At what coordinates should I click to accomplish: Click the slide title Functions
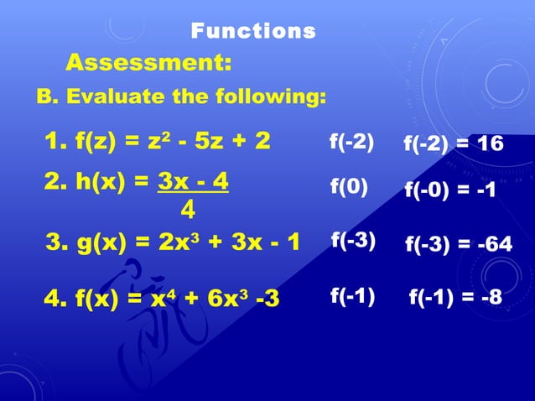click(253, 32)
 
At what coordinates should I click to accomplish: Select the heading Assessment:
click(148, 63)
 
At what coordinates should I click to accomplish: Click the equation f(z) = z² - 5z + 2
click(158, 141)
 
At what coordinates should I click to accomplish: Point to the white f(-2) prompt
click(352, 142)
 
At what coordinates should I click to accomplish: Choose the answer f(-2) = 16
click(454, 144)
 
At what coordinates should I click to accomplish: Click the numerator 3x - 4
click(193, 183)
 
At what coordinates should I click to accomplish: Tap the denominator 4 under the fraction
click(189, 206)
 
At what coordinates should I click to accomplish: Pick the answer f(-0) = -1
click(451, 191)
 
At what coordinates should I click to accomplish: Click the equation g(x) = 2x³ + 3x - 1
click(174, 242)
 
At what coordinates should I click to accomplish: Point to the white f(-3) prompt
click(353, 241)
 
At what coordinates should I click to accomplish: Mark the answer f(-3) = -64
click(459, 245)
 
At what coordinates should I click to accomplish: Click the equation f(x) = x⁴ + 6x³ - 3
click(162, 298)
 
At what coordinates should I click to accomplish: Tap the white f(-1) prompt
click(352, 295)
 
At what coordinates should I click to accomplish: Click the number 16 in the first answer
click(490, 144)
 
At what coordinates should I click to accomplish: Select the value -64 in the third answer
click(496, 245)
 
